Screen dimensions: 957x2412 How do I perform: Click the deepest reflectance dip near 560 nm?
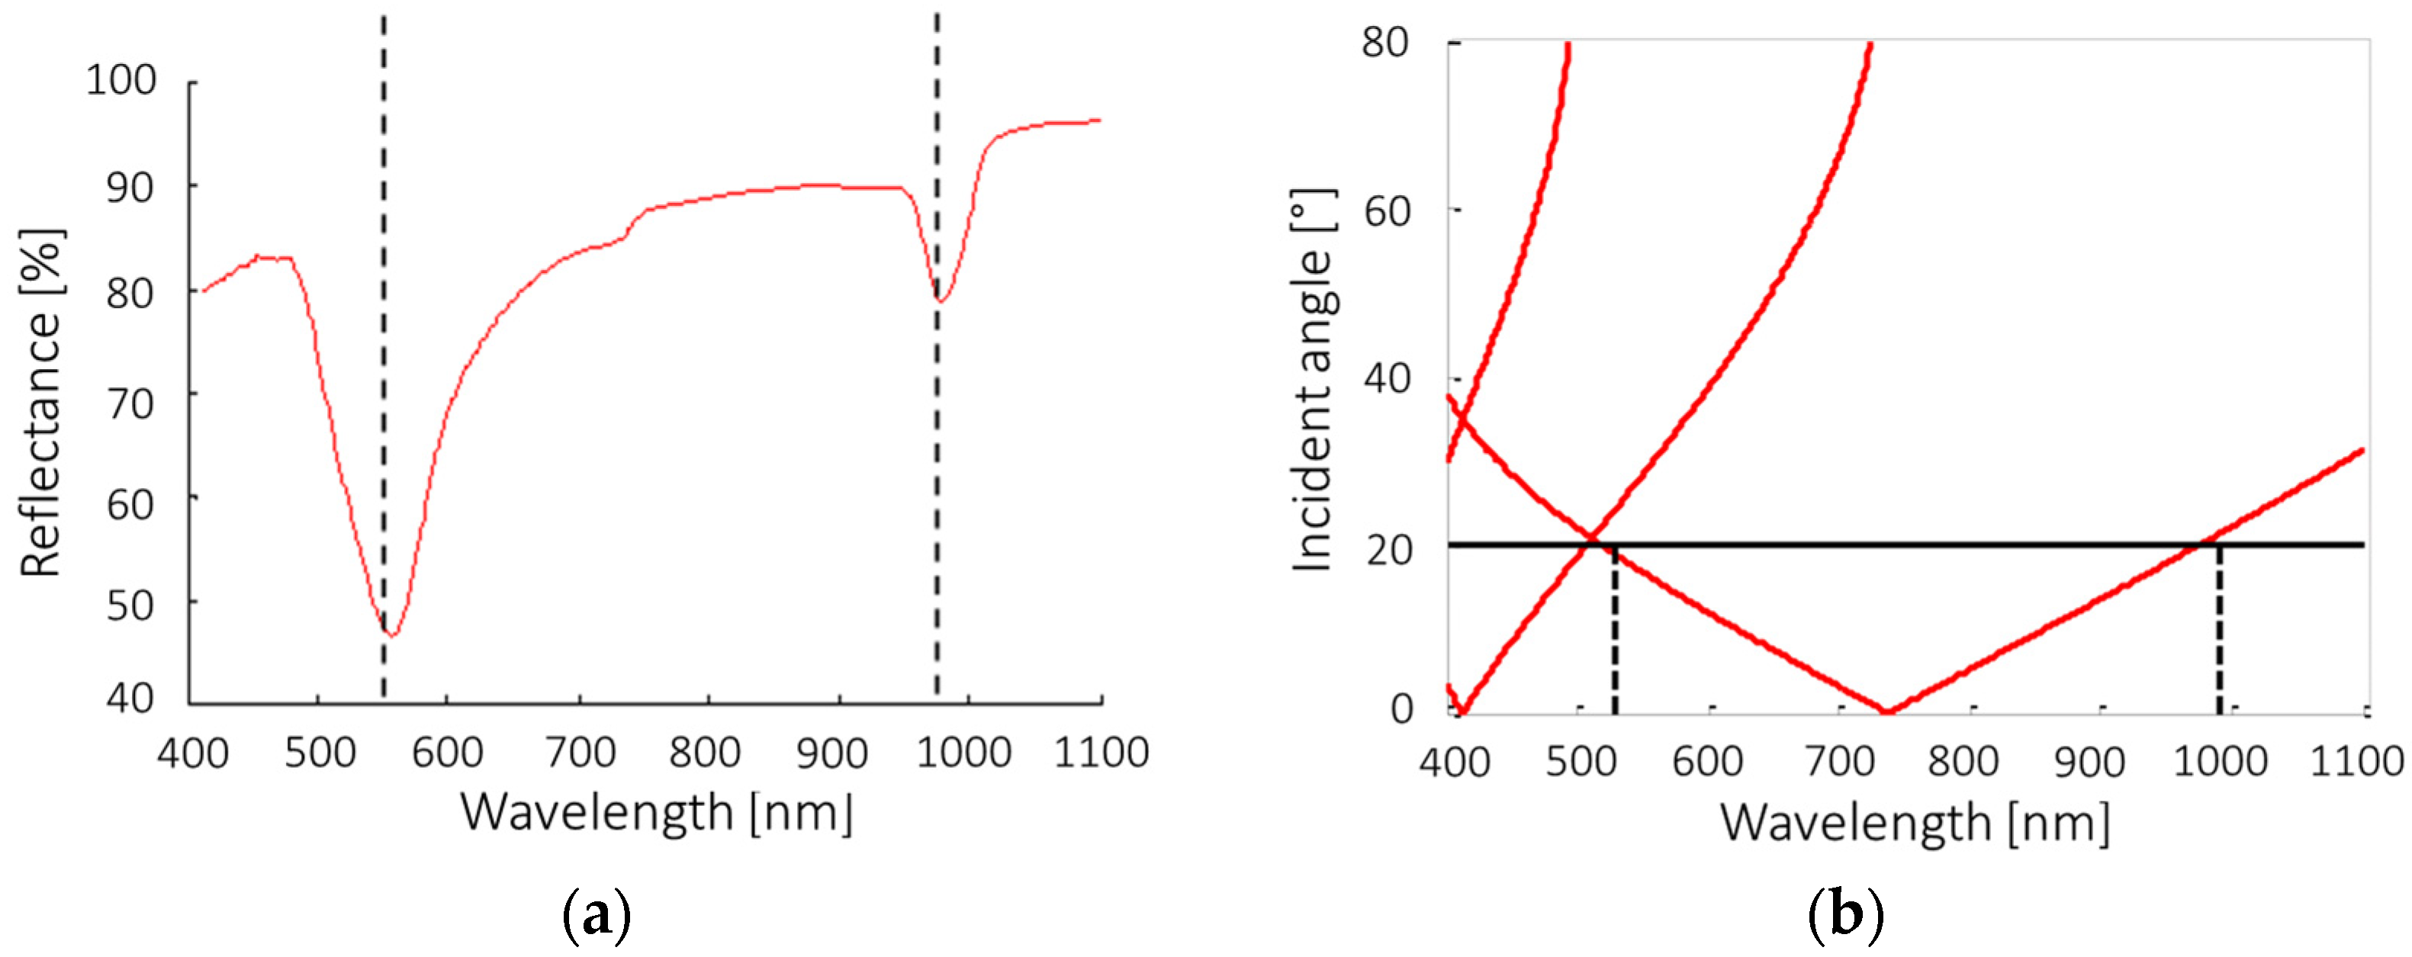point(392,635)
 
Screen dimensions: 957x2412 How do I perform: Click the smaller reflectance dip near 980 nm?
point(941,300)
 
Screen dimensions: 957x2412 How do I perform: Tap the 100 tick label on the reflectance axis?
point(122,81)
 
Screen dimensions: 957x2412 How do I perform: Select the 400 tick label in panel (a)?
point(192,753)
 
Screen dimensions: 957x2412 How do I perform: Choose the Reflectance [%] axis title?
point(41,403)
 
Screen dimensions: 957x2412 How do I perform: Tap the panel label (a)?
point(597,916)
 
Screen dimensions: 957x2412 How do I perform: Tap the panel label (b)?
point(1845,916)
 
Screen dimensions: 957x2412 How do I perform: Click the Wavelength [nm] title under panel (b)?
point(1915,824)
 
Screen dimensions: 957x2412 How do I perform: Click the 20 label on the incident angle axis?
point(1388,551)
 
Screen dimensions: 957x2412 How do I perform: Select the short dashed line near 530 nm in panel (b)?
point(1614,632)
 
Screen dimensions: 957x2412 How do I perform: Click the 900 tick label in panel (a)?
point(832,753)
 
